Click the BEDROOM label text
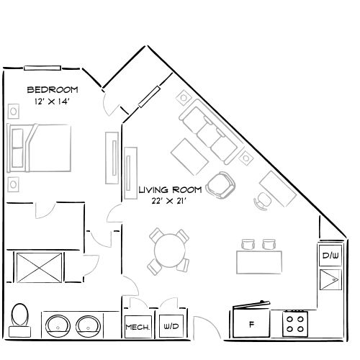tap(53, 90)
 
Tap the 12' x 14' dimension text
tap(53, 102)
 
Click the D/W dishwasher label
tap(330, 256)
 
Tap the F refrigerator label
tap(251, 325)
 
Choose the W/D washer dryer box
tap(171, 326)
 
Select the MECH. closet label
tap(137, 327)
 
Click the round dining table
tap(170, 250)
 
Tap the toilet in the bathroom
tap(20, 317)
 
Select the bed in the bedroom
tap(40, 148)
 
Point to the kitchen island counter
tap(259, 258)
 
